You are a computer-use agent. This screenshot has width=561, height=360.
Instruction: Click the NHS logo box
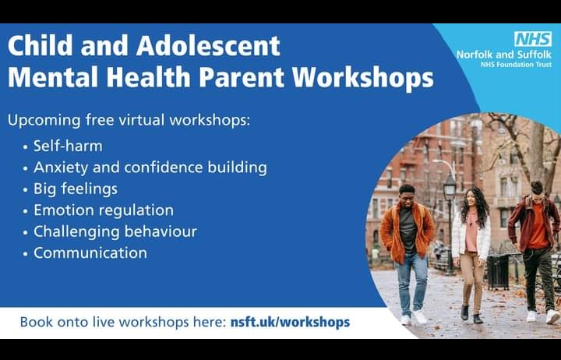(x=533, y=39)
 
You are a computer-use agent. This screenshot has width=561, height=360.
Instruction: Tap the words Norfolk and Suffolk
(x=504, y=55)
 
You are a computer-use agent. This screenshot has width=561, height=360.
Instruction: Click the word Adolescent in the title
(x=208, y=46)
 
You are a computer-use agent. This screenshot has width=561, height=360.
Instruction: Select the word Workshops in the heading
(x=363, y=78)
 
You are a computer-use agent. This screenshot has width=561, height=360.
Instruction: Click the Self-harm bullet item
(x=68, y=146)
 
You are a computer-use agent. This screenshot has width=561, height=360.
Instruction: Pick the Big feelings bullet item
(x=76, y=189)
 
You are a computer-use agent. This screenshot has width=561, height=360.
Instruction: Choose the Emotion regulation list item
(x=104, y=210)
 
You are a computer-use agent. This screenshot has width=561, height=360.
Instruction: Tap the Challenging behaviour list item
(x=115, y=232)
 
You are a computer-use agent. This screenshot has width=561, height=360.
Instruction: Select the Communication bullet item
(x=90, y=253)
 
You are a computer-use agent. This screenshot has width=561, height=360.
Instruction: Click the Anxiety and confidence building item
(x=150, y=168)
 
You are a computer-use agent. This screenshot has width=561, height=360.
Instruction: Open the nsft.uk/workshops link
(x=290, y=322)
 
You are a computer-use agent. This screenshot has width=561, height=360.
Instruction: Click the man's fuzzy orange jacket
(x=407, y=231)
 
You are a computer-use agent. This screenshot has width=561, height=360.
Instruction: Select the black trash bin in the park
(x=498, y=272)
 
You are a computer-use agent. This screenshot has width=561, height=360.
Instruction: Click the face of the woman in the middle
(x=471, y=198)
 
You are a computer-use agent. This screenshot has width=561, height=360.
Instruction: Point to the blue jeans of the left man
(x=411, y=283)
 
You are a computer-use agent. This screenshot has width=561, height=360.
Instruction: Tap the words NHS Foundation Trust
(x=517, y=65)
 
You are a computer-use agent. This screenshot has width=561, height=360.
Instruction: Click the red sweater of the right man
(x=537, y=225)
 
